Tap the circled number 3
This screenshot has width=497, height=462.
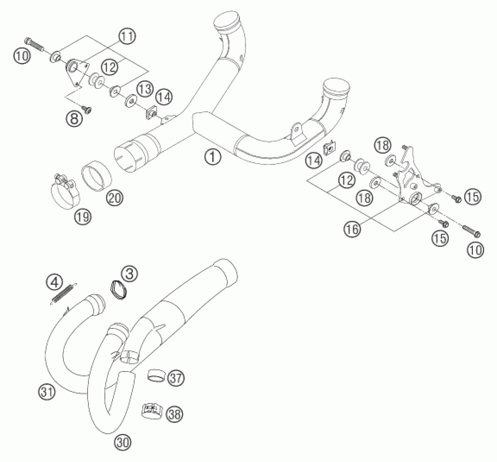[129, 274]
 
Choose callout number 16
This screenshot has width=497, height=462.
[353, 229]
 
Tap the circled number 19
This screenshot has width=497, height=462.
[83, 217]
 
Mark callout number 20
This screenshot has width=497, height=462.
[114, 198]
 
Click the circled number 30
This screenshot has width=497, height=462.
[122, 443]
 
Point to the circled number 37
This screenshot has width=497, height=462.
[176, 378]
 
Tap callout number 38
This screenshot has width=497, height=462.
[175, 414]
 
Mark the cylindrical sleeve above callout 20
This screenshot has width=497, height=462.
[96, 177]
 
